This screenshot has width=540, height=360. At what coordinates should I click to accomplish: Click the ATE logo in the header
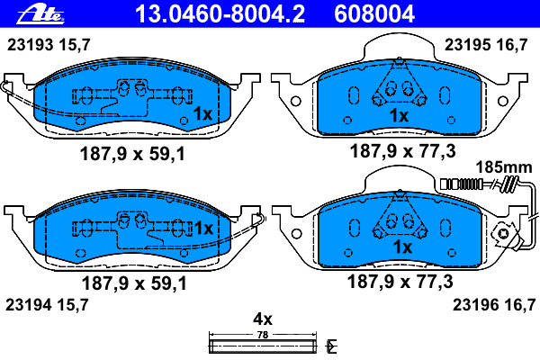[x=40, y=14]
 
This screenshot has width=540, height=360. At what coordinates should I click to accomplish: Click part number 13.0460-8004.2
[x=220, y=14]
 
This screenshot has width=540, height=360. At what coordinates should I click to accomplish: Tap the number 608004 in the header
[x=374, y=14]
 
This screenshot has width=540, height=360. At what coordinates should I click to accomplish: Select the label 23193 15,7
[x=49, y=45]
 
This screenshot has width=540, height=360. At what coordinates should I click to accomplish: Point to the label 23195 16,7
[x=486, y=45]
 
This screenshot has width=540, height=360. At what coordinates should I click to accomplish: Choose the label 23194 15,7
[x=47, y=305]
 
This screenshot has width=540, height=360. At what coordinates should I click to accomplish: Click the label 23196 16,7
[x=494, y=305]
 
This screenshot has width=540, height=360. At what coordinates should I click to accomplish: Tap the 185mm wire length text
[x=504, y=167]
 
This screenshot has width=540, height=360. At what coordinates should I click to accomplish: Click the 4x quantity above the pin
[x=263, y=319]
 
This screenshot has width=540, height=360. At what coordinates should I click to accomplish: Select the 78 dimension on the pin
[x=263, y=335]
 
